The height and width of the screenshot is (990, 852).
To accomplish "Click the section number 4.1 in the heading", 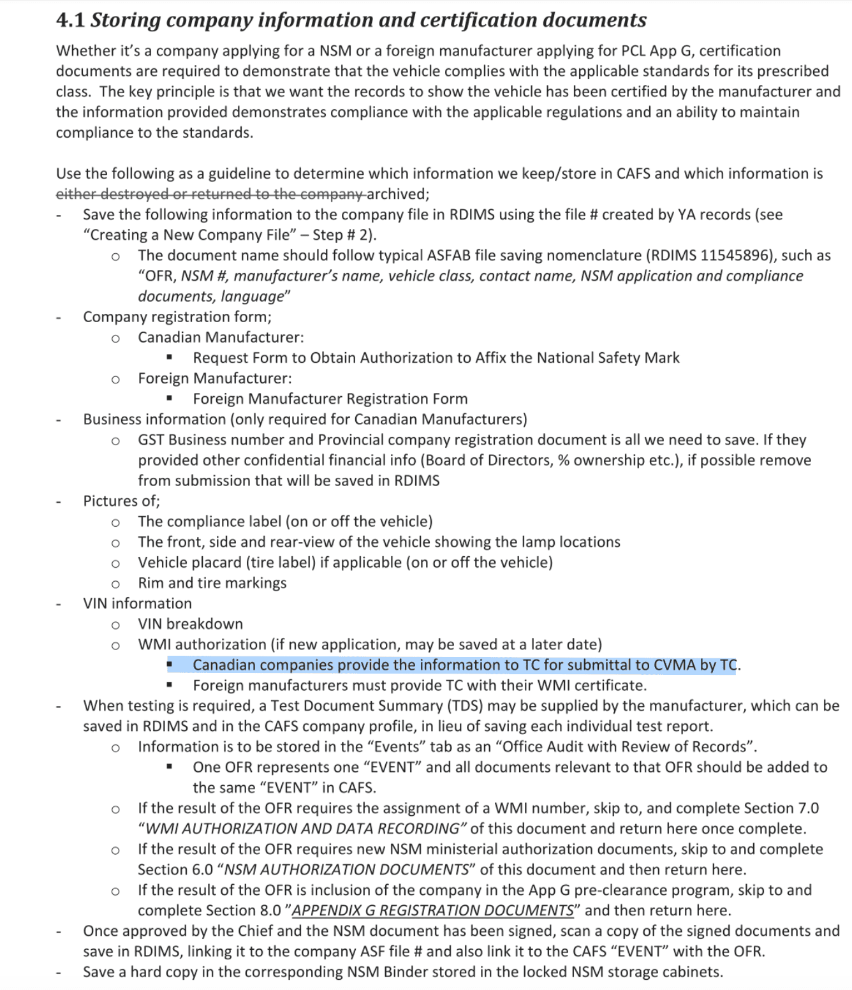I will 70,20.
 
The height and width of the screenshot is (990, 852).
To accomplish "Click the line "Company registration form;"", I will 177,317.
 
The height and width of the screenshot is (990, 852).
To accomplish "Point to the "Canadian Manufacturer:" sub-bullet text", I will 221,337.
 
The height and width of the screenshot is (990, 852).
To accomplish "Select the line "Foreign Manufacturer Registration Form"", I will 330,399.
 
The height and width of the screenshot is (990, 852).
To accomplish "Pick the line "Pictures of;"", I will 121,501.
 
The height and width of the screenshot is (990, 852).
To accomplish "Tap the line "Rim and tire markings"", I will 212,583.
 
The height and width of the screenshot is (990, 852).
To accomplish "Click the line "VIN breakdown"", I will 190,624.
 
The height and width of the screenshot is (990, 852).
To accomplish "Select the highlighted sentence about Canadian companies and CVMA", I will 464,665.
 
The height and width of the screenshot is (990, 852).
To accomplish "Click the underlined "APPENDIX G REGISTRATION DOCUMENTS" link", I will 432,911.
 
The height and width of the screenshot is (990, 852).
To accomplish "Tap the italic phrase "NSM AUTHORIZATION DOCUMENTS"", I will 347,870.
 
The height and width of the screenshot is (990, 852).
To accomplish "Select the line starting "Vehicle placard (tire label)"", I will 345,563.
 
